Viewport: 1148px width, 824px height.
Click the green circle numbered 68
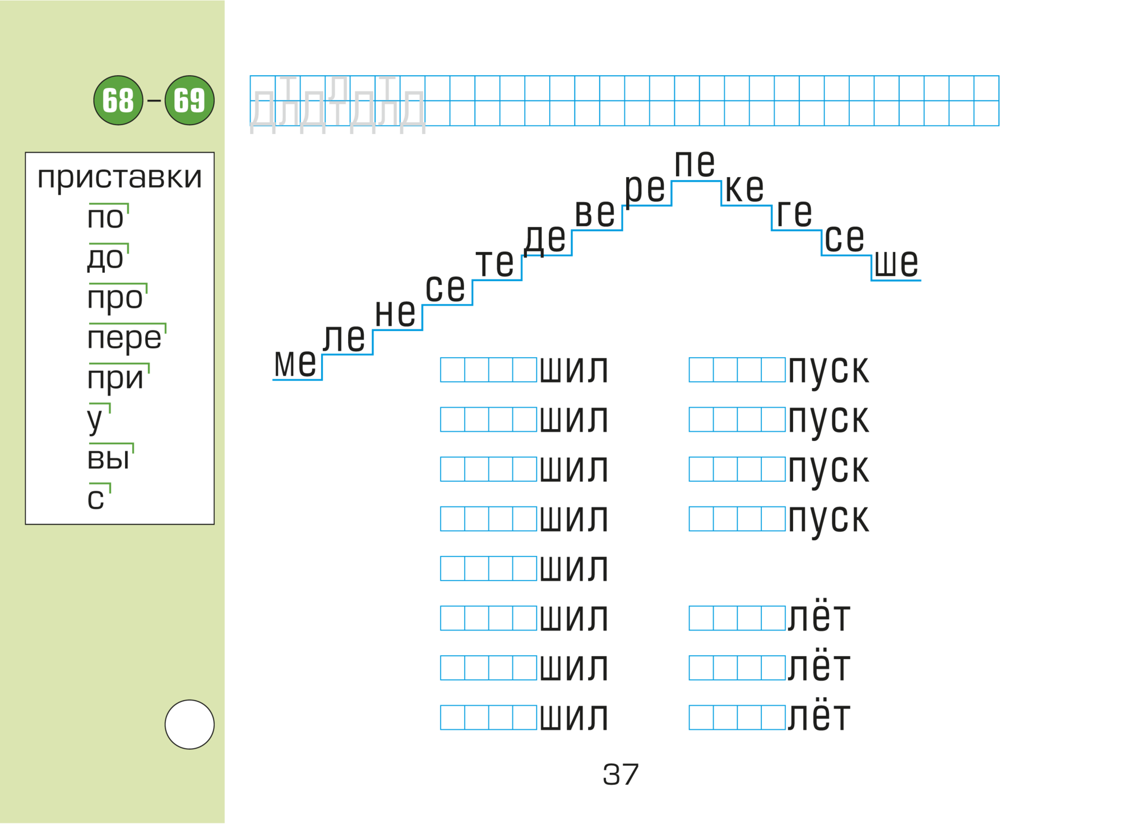click(x=118, y=100)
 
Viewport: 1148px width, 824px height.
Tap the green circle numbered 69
click(x=189, y=100)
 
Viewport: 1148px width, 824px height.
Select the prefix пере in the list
click(x=124, y=338)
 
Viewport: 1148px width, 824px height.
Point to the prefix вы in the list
click(x=108, y=458)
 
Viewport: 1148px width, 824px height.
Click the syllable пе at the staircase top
click(x=695, y=163)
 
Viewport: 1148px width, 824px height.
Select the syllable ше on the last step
click(x=896, y=263)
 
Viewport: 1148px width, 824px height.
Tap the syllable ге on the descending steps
click(x=794, y=213)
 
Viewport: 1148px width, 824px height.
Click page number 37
click(x=621, y=775)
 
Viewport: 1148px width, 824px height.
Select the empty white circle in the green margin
click(x=189, y=724)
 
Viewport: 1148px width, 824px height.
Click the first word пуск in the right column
click(x=828, y=370)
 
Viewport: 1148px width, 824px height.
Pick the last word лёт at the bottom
click(x=819, y=716)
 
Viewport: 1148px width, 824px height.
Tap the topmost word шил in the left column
click(x=574, y=370)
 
